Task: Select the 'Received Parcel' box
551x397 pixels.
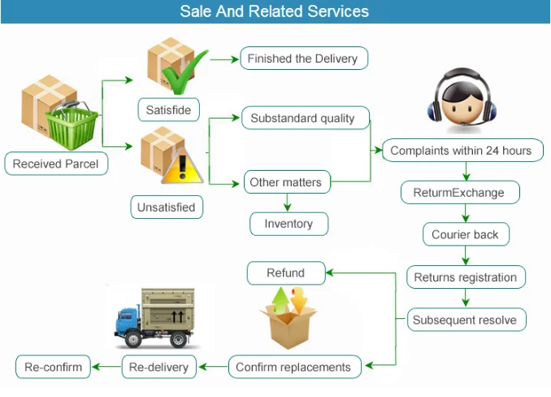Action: point(55,164)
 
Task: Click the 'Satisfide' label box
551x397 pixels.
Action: point(167,109)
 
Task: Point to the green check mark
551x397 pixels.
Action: point(183,78)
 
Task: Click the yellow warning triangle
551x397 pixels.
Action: point(183,166)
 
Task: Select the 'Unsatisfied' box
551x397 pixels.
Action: point(166,207)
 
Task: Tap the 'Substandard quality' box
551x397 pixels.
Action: point(302,119)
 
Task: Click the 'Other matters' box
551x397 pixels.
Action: point(285,182)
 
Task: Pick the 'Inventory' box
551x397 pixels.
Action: point(288,224)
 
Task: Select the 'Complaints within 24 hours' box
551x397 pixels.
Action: point(461,151)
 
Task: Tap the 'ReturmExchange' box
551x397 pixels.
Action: point(458,193)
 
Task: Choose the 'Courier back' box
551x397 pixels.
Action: point(465,235)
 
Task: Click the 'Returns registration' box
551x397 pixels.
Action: point(465,277)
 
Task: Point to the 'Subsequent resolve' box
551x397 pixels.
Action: point(464,320)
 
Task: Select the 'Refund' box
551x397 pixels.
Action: point(285,273)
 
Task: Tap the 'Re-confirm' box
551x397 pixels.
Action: point(54,367)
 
